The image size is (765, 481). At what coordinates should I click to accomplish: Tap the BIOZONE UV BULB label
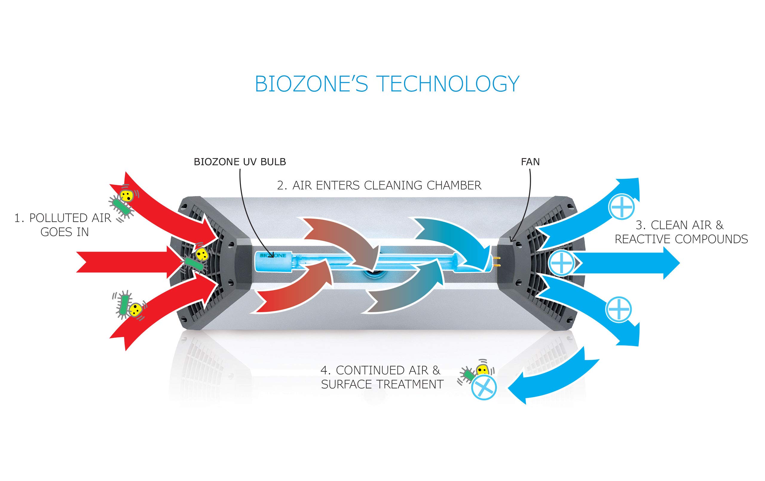pyautogui.click(x=240, y=162)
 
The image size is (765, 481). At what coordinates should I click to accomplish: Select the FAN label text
pyautogui.click(x=530, y=162)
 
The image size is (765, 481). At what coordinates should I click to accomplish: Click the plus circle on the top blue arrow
pyautogui.click(x=621, y=206)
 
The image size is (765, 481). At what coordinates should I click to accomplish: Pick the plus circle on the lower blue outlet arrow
pyautogui.click(x=619, y=309)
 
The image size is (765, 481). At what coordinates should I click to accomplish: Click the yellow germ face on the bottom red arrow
pyautogui.click(x=136, y=309)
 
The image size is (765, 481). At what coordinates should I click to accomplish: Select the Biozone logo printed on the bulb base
pyautogui.click(x=273, y=255)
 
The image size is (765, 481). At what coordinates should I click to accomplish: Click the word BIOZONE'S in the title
pyautogui.click(x=311, y=84)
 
